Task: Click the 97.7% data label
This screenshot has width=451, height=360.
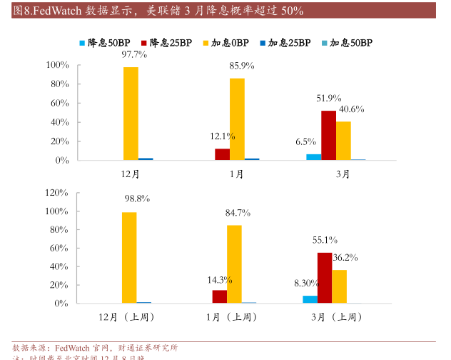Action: click(x=134, y=54)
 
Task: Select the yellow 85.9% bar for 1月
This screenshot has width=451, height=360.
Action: click(x=237, y=119)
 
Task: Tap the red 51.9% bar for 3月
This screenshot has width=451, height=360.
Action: click(x=328, y=135)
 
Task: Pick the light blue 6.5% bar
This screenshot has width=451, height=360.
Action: click(x=313, y=156)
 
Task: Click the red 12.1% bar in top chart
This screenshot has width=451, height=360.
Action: click(x=222, y=154)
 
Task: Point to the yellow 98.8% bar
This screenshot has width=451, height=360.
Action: click(x=129, y=257)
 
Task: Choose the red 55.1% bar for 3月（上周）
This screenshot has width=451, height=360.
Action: click(x=325, y=278)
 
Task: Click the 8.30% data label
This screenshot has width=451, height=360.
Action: click(x=307, y=284)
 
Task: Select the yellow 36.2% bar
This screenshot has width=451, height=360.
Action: click(x=340, y=286)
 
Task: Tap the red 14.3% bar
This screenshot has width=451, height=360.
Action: click(x=219, y=296)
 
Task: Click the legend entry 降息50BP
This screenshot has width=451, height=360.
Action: click(x=103, y=43)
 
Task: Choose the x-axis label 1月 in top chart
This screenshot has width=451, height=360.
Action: click(x=236, y=174)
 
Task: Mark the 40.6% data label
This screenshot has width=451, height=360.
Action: click(x=352, y=109)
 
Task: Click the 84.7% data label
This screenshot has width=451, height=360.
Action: click(x=238, y=213)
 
